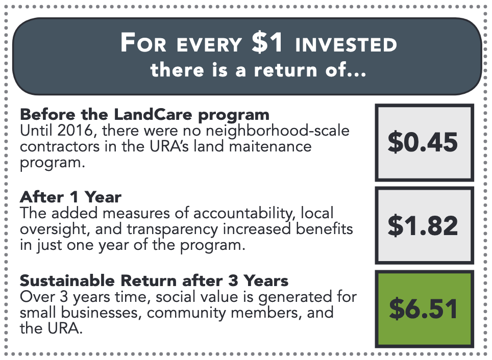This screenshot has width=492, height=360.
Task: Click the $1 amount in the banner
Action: click(267, 43)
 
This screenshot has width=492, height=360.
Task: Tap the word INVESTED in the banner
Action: click(346, 44)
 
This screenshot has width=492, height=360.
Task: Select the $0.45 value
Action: click(423, 142)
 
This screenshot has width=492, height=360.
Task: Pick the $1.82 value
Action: click(423, 225)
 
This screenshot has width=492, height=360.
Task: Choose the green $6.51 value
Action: click(423, 309)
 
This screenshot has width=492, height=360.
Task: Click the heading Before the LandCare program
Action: click(144, 115)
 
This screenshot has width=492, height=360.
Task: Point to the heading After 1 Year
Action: click(70, 197)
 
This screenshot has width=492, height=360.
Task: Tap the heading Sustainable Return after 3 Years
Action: click(154, 280)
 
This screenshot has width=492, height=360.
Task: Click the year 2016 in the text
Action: click(76, 131)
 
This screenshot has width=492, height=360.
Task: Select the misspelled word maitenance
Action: click(270, 146)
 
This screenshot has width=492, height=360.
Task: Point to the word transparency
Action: click(173, 230)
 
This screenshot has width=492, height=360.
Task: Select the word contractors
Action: click(60, 147)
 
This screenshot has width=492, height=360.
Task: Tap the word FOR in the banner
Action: click(143, 43)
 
